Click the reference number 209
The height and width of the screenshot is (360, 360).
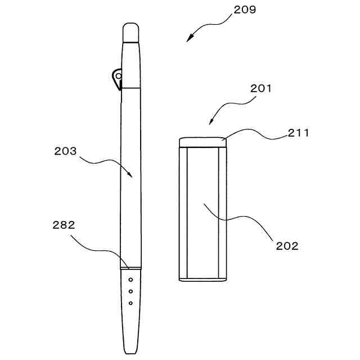pos(244,10)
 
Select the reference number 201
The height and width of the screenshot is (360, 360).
pos(261,88)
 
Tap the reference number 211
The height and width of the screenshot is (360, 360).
pos(298,133)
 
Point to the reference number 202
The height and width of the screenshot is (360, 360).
pos(287,246)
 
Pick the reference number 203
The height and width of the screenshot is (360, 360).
pos(65,151)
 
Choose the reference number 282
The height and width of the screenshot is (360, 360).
pos(64,225)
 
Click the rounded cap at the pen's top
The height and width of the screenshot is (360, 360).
pos(131,31)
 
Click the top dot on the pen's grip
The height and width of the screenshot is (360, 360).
pos(130,279)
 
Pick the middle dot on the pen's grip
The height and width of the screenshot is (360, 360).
pos(130,291)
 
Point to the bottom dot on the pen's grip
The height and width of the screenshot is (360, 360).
pos(130,303)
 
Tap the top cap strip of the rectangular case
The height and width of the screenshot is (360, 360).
pos(202,142)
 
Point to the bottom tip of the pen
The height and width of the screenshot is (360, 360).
pos(130,351)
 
